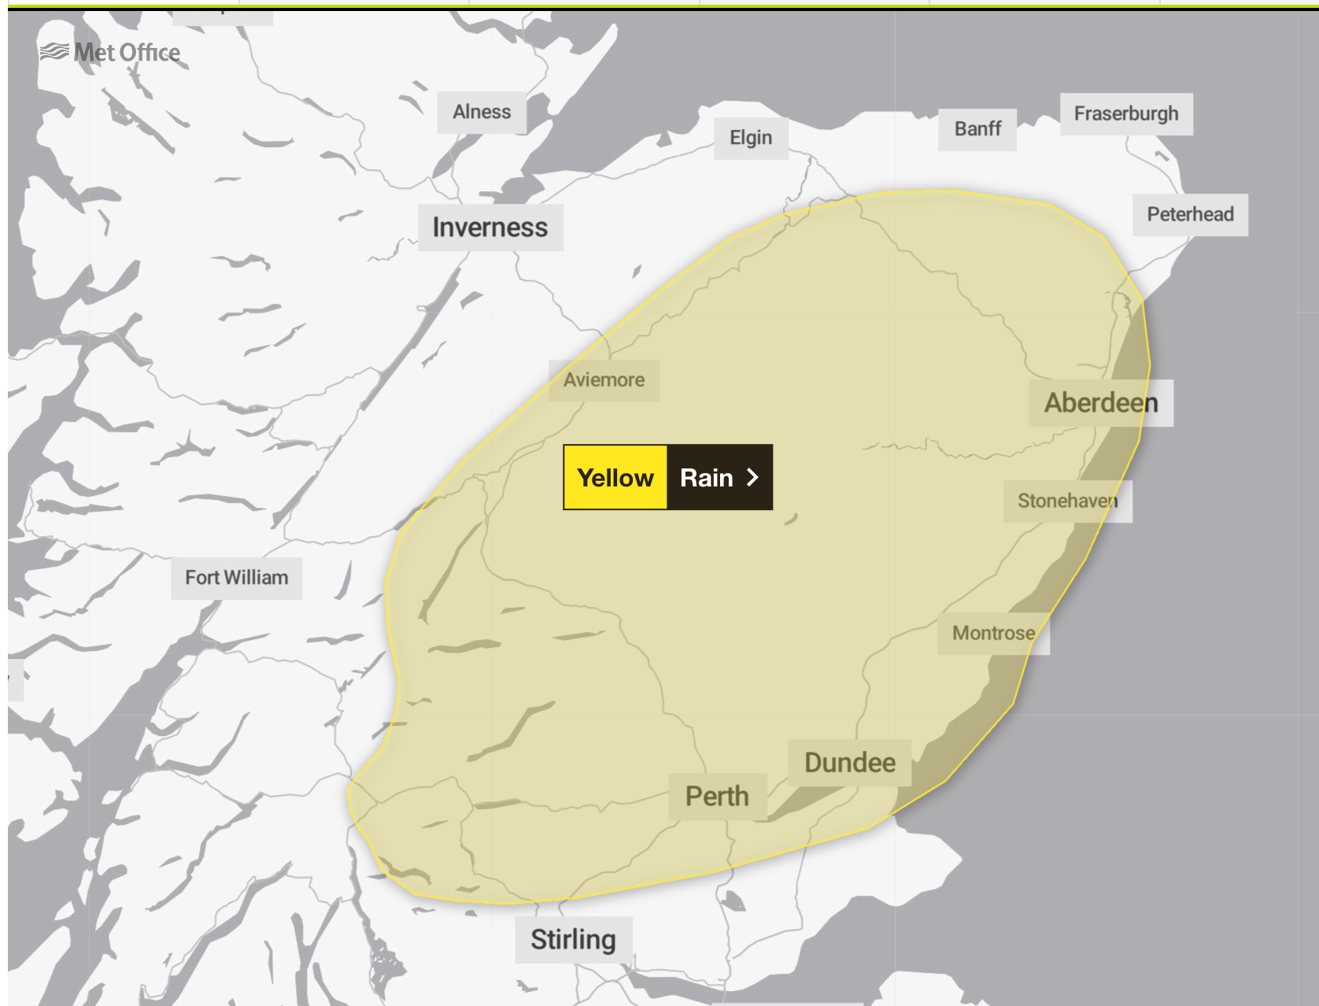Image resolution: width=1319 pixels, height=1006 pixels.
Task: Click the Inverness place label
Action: pos(490,227)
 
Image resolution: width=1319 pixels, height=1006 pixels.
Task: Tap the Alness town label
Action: pos(482,113)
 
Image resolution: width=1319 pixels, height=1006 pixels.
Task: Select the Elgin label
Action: pos(751,138)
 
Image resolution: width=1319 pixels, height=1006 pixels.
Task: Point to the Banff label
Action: pos(977,129)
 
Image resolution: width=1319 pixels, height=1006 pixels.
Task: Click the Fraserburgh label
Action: pos(1126,114)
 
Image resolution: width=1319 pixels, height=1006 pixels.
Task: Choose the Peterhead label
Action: pos(1190,214)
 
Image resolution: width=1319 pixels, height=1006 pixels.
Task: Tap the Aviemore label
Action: pos(604,380)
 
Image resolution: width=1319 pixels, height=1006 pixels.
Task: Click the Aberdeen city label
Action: pos(1101,403)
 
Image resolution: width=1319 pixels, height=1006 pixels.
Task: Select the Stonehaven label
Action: pos(1067,501)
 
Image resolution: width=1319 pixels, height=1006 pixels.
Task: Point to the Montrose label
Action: pos(993,634)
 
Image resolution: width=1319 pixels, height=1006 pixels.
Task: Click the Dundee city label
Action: pos(850,763)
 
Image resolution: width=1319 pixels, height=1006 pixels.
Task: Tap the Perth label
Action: pos(717,797)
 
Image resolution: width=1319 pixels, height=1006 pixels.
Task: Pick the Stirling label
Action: pos(573,940)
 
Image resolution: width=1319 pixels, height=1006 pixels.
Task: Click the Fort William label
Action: pos(236,578)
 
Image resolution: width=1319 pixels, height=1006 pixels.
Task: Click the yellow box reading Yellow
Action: pos(615,478)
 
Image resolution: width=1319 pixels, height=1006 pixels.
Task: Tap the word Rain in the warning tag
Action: pos(706,478)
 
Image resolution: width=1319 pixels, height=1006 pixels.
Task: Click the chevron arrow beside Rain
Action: pos(752,478)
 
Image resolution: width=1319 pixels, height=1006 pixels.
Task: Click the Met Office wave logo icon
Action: pos(54,52)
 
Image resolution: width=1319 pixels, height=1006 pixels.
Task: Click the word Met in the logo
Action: pos(94,53)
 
